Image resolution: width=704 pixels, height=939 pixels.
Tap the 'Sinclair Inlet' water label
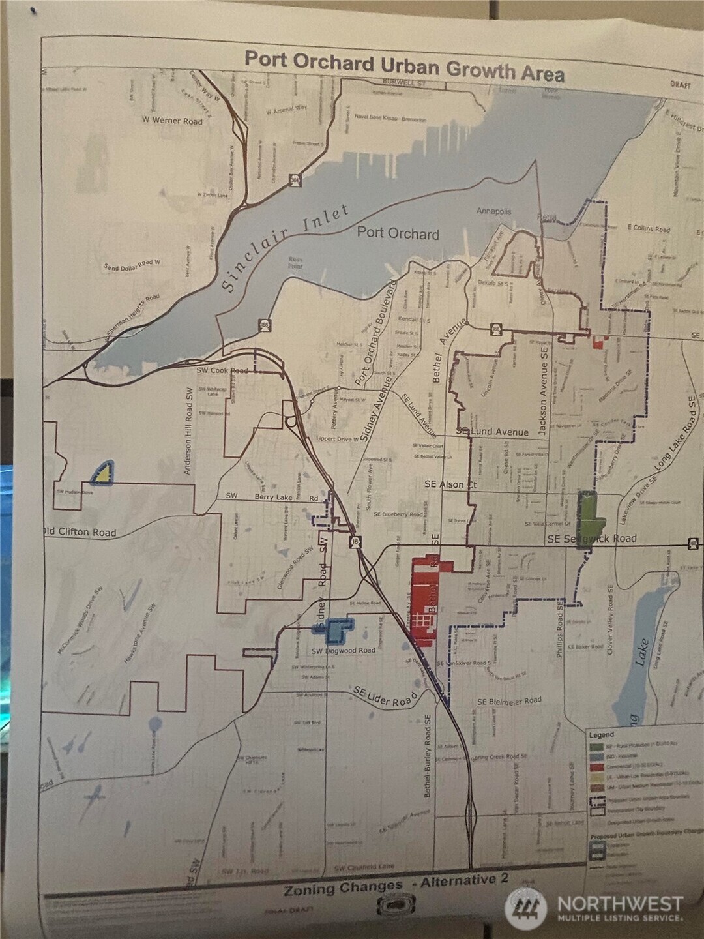[x=284, y=246]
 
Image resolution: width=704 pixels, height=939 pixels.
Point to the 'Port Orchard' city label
[x=398, y=233]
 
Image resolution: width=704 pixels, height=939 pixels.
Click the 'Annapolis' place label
[x=493, y=211]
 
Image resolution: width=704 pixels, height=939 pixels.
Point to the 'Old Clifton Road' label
[x=80, y=532]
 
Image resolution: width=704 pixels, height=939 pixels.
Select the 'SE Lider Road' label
[x=385, y=696]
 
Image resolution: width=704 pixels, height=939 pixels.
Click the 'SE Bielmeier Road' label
[x=509, y=701]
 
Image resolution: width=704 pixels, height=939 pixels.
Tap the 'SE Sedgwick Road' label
[x=591, y=539]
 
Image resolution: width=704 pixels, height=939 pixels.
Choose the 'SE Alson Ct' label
[x=450, y=484]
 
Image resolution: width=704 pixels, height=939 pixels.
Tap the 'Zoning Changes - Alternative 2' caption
[x=395, y=884]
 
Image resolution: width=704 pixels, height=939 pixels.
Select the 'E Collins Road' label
[x=648, y=229]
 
